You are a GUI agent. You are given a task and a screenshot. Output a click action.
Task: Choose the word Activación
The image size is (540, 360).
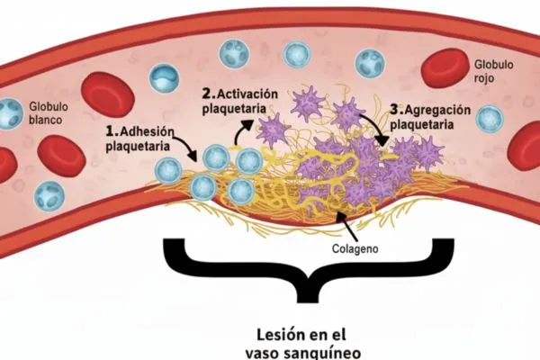tap(253, 94)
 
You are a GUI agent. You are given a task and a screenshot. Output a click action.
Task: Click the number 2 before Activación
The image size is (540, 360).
tap(208, 94)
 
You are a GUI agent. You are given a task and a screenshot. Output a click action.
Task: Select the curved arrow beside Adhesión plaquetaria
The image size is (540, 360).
tap(184, 147)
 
